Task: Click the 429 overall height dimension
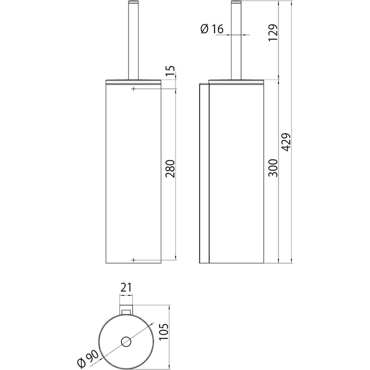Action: [286, 142]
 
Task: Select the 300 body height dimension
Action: [273, 168]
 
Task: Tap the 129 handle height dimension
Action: [273, 33]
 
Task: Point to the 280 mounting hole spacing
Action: [170, 169]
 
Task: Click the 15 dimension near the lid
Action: [170, 71]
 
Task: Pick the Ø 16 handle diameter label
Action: [211, 29]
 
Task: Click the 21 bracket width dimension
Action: [126, 288]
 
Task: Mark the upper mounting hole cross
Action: [134, 89]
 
